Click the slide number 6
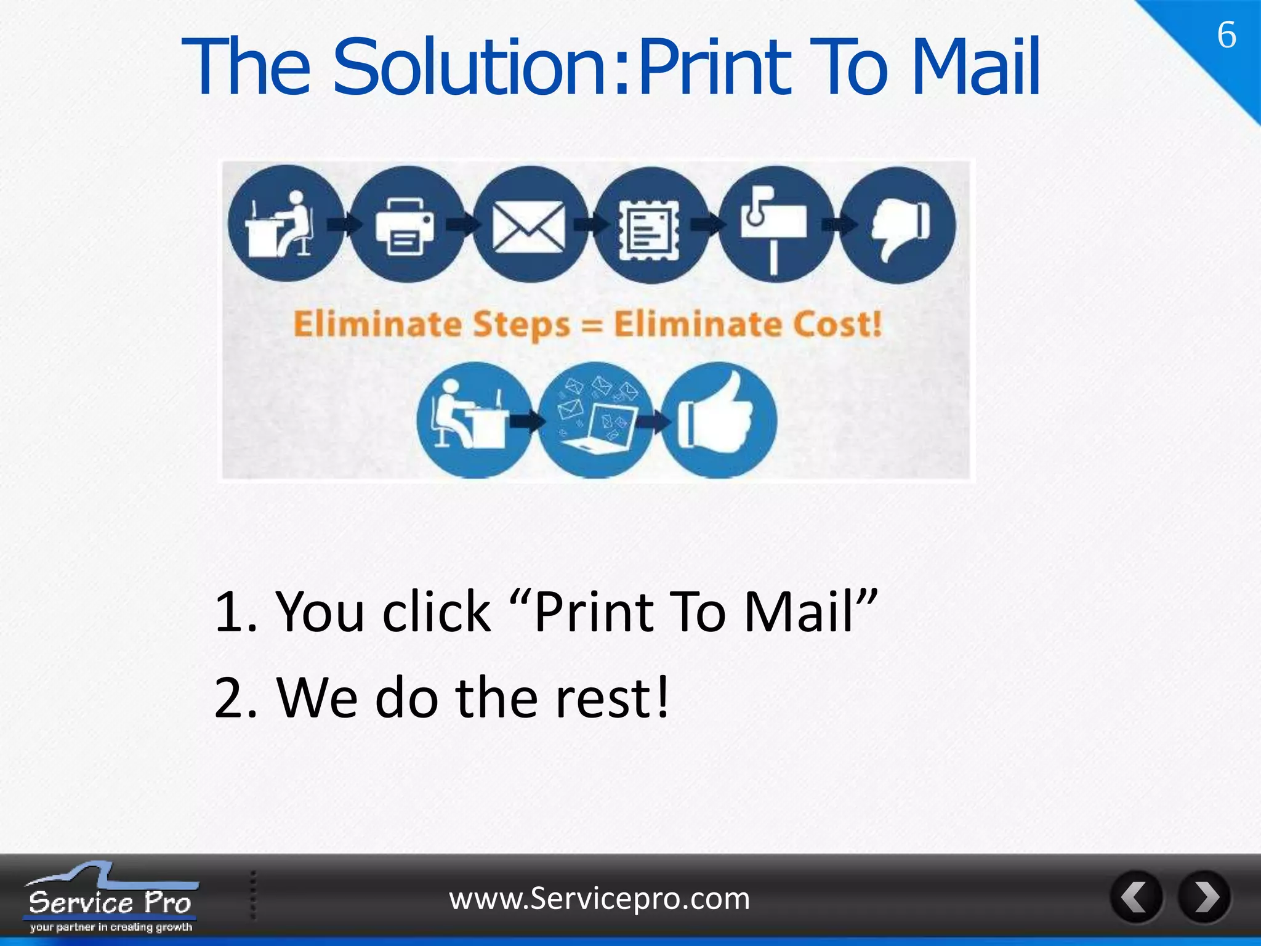pos(1227,35)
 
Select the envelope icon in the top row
pos(528,225)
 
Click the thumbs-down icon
pos(898,225)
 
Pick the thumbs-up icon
pos(719,420)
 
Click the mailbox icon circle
pos(775,225)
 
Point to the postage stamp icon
pos(651,225)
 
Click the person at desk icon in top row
pos(284,225)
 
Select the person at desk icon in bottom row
pos(473,420)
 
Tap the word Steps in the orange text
pos(523,325)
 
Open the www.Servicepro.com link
pos(599,899)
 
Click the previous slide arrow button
pos(1136,897)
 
